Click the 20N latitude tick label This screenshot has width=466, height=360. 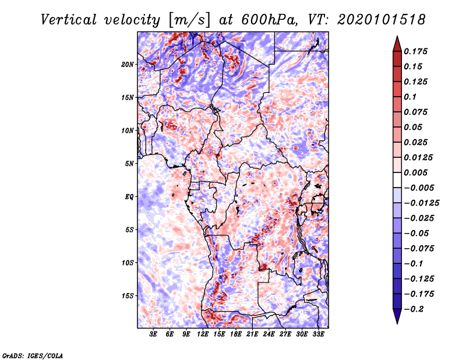pyautogui.click(x=128, y=64)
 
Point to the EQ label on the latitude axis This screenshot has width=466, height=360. pyautogui.click(x=129, y=196)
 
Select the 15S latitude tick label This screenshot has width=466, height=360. pyautogui.click(x=128, y=295)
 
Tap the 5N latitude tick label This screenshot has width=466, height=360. pyautogui.click(x=129, y=163)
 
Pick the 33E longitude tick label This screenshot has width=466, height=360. pyautogui.click(x=318, y=334)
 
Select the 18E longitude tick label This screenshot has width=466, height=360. pyautogui.click(x=235, y=334)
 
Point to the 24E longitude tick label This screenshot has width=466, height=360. pyautogui.click(x=269, y=334)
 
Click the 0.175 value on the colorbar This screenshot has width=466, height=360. pyautogui.click(x=418, y=51)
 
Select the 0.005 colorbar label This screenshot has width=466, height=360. pyautogui.click(x=418, y=172)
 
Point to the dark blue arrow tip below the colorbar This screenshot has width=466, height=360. pyautogui.click(x=397, y=320)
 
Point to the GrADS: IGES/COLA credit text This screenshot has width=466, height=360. pyautogui.click(x=32, y=355)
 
